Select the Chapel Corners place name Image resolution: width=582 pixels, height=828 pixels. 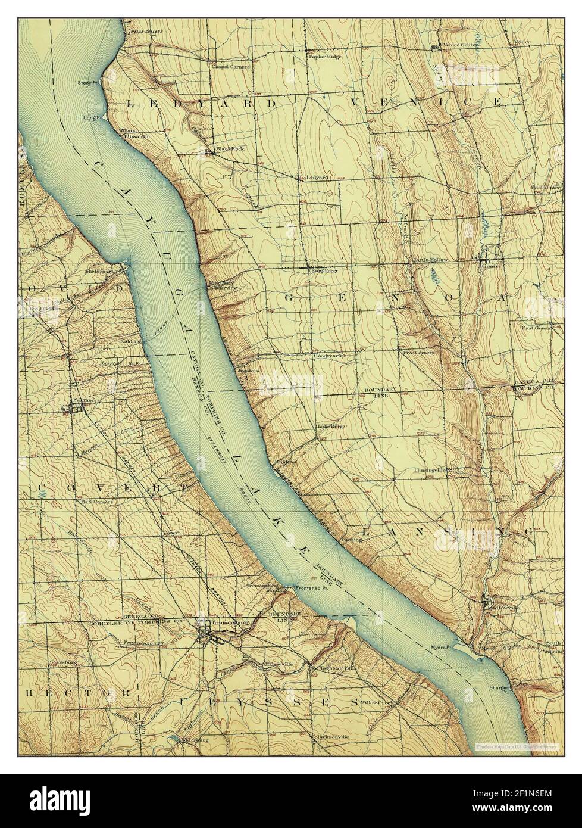(231, 66)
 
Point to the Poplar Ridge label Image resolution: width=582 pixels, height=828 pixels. (325, 57)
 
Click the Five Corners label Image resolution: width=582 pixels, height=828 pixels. (419, 352)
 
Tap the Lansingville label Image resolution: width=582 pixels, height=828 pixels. (431, 470)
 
